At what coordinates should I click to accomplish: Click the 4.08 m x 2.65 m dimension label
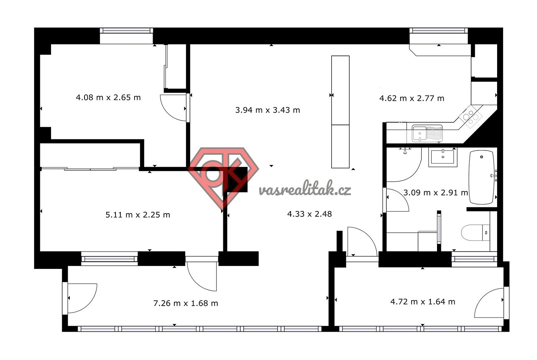[x=108, y=98]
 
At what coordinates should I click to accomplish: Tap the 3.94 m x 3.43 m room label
[x=268, y=110]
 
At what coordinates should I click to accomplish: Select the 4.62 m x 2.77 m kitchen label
[x=411, y=98]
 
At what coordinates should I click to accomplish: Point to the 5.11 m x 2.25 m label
[x=138, y=215]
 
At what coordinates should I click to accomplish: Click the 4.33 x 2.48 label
[x=309, y=214]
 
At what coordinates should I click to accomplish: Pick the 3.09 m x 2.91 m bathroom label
[x=436, y=193]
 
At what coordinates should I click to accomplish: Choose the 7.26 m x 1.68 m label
[x=186, y=303]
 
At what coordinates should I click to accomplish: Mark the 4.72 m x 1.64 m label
[x=423, y=302]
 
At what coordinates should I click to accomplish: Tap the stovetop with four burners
[x=471, y=117]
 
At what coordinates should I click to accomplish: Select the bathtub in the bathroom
[x=481, y=177]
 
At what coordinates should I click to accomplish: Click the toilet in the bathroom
[x=475, y=233]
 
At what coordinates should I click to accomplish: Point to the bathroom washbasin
[x=443, y=157]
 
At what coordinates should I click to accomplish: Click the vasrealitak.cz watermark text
[x=305, y=189]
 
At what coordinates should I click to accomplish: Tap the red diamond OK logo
[x=223, y=178]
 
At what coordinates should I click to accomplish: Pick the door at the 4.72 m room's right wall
[x=489, y=303]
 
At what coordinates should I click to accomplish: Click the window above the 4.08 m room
[x=126, y=36]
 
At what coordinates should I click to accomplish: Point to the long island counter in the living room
[x=340, y=112]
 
